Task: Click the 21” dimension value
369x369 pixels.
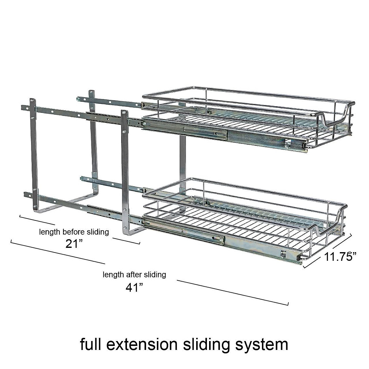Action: click(x=74, y=244)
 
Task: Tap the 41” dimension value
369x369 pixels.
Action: click(x=134, y=287)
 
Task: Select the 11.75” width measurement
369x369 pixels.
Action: click(x=340, y=256)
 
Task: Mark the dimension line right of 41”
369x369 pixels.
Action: click(x=232, y=292)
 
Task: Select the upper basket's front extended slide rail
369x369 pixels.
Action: click(x=228, y=135)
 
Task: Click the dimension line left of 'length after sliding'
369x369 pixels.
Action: click(x=58, y=252)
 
